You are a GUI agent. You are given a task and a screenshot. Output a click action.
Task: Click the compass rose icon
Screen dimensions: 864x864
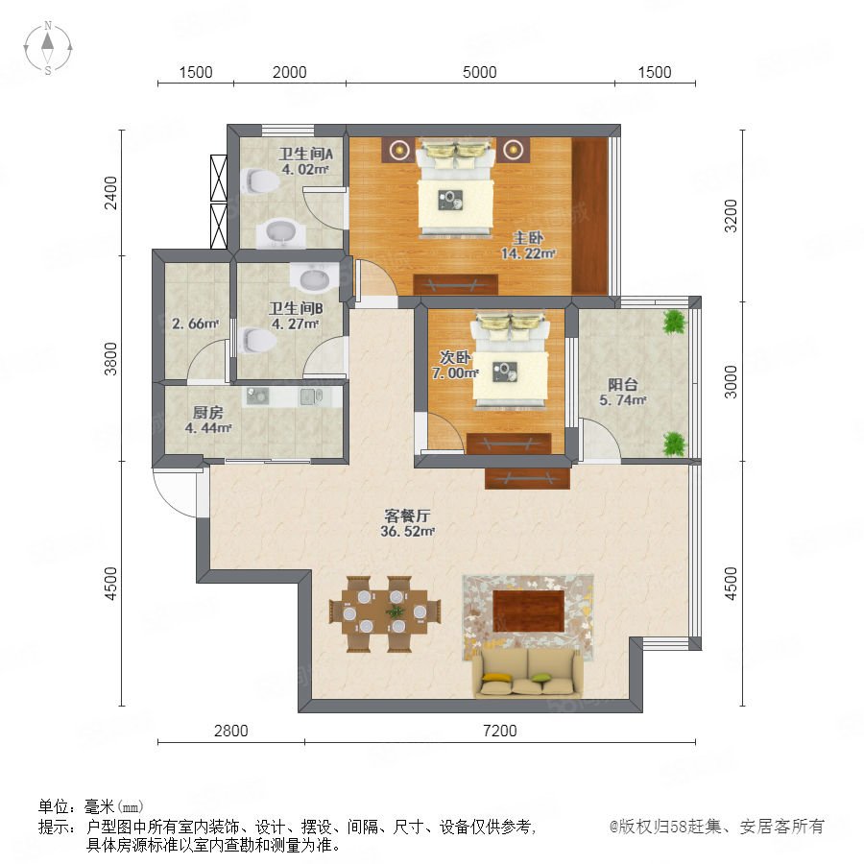point(48,48)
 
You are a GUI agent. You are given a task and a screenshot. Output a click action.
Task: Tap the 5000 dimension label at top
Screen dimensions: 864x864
point(479,72)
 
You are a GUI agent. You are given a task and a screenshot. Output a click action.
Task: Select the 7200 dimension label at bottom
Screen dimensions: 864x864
point(500,731)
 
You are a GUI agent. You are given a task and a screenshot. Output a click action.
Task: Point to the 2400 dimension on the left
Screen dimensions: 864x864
point(111,193)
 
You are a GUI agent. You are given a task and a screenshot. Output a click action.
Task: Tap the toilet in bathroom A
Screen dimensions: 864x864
point(258,180)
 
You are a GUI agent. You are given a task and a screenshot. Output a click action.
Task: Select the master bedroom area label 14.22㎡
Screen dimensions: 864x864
point(528,253)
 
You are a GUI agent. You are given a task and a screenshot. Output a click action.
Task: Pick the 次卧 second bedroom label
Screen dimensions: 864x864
point(455,357)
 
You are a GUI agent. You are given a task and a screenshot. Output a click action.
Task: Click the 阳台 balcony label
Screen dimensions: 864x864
point(623,384)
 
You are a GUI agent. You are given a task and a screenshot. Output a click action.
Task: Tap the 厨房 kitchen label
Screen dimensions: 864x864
point(207,412)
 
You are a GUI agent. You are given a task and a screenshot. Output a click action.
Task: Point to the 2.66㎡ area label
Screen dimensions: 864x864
point(195,324)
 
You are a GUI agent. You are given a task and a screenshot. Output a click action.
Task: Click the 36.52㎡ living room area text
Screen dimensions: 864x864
point(407,531)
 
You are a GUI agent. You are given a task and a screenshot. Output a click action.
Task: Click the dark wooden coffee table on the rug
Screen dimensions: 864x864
point(528,611)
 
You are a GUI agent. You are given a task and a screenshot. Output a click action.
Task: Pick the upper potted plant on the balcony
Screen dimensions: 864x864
point(674,322)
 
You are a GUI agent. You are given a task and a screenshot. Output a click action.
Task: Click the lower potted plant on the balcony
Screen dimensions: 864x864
point(674,444)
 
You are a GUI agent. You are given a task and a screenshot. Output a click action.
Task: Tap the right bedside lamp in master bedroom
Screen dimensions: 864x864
point(513,150)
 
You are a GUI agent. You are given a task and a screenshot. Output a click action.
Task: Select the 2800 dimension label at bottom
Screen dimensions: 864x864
point(230,731)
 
